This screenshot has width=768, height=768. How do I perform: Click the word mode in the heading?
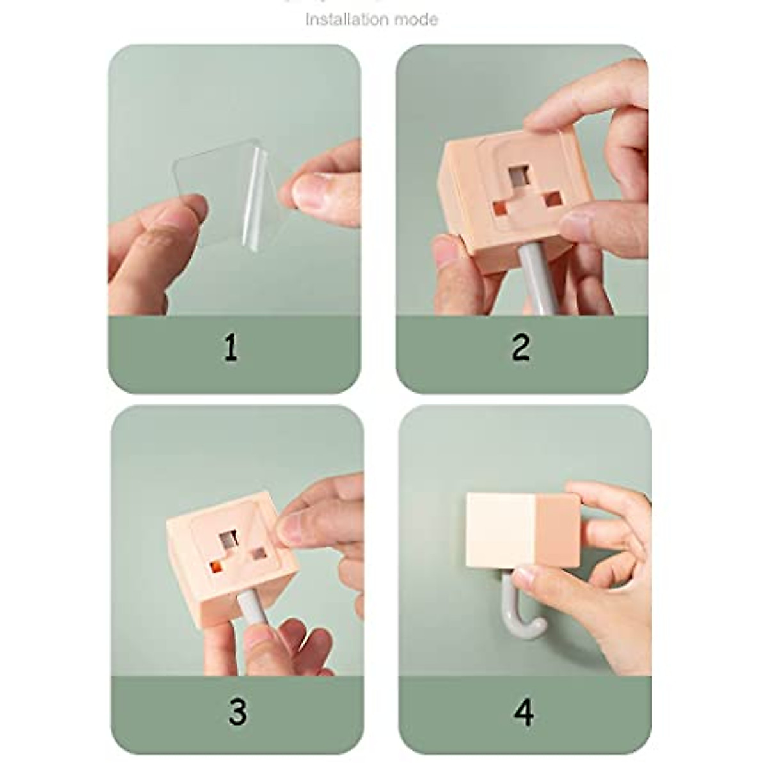(x=416, y=19)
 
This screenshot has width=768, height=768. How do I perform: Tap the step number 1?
(x=230, y=349)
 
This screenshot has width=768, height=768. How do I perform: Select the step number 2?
(x=520, y=348)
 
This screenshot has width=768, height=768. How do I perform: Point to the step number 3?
(x=237, y=711)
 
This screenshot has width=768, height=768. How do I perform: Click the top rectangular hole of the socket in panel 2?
(x=519, y=175)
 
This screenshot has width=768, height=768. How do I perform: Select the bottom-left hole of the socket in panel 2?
(x=500, y=208)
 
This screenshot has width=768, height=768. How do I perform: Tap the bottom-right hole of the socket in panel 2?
(x=553, y=199)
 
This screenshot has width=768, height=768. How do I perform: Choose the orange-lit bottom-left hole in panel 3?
(x=216, y=566)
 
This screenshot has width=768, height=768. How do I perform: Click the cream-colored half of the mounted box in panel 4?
(x=499, y=530)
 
